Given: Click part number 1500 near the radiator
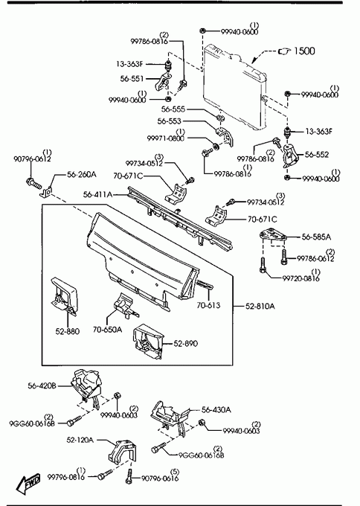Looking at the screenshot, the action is coord(304,51).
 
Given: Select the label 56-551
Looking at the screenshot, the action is coord(132,79).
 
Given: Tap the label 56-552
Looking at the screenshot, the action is coord(317,155).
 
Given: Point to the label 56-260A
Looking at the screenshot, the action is coord(82,175).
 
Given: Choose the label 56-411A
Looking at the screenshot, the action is coord(97,194).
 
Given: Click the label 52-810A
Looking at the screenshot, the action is coord(260,306).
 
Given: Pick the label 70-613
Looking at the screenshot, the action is coord(208,305).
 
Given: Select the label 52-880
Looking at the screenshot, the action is coord(67,331).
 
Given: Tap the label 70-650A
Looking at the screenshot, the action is coord(107,330).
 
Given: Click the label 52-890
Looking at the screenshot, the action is coord(185,343).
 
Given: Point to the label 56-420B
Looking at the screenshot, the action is coord(42,385).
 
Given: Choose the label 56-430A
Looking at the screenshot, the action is coord(216,410).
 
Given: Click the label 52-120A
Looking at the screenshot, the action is coord(80,440).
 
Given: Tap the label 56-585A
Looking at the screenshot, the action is coord(316,237).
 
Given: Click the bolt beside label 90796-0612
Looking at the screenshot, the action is coord(33,183).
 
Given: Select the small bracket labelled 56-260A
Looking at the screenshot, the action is coord(46,192).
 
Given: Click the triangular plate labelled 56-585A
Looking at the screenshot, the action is coord(273,235).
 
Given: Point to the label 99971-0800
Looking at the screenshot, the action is coord(165,138).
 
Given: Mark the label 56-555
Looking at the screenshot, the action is coord(173,109).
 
